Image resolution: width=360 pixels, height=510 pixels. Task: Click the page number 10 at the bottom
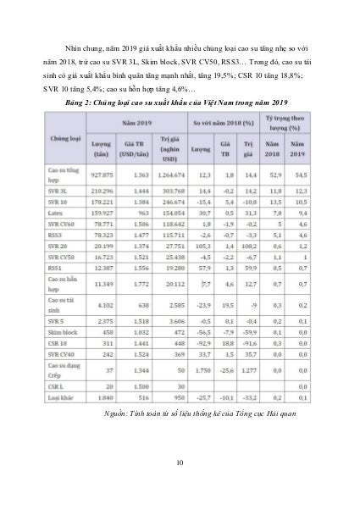coord(180,461)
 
